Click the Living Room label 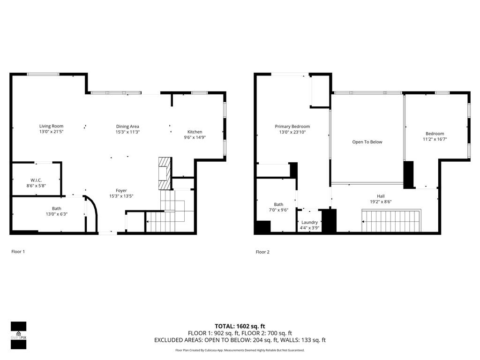(x=51, y=126)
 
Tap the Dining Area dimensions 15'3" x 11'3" (x=127, y=132)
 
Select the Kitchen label (x=195, y=132)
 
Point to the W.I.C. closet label (x=36, y=180)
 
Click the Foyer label (x=121, y=190)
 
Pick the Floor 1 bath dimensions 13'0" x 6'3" (x=57, y=214)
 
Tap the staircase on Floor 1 (x=170, y=211)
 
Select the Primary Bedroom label (x=292, y=127)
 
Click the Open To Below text (x=367, y=142)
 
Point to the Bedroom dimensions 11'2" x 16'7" (x=435, y=139)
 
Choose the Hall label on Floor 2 (x=381, y=196)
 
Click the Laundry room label (x=309, y=222)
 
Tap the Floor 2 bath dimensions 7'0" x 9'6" (x=278, y=210)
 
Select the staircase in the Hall (x=391, y=220)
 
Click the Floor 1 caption (x=18, y=252)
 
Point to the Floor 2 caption (x=262, y=252)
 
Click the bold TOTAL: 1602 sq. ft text (x=240, y=326)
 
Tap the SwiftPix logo (x=19, y=335)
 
